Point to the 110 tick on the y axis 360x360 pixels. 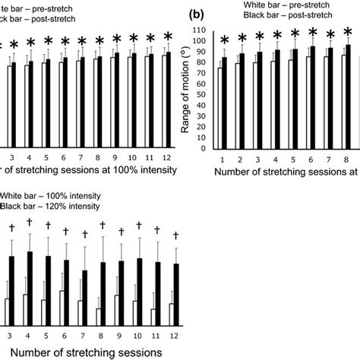(x=201, y=30)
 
